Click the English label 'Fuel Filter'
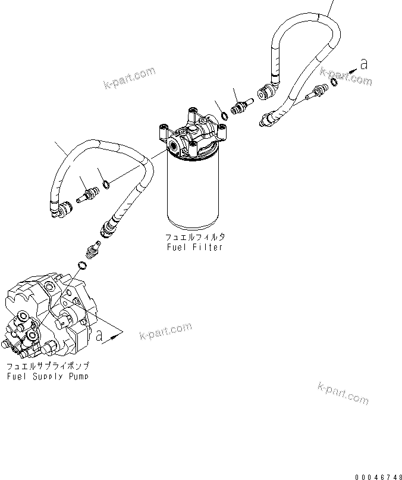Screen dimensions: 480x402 point(194,247)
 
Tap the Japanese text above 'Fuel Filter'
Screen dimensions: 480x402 point(194,236)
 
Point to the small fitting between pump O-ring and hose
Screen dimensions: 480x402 point(93,248)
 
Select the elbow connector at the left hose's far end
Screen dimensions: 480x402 point(59,208)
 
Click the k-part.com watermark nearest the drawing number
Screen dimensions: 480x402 point(343,393)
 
